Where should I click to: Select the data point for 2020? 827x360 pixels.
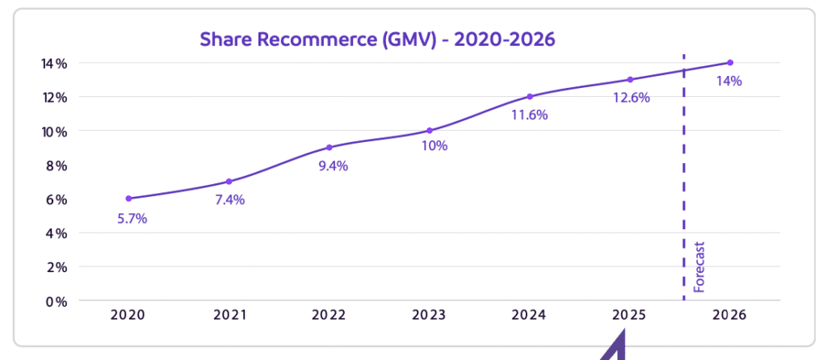click(128, 198)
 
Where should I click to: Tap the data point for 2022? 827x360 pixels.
click(329, 147)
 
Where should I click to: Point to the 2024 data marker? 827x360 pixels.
click(530, 96)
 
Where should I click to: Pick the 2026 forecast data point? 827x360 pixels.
click(730, 62)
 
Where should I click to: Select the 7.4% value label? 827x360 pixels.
click(229, 200)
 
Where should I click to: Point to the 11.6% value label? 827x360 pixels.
click(530, 115)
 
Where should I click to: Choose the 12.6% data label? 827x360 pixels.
click(630, 98)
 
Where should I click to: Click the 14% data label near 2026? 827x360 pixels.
click(729, 81)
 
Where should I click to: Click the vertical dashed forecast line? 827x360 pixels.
click(684, 178)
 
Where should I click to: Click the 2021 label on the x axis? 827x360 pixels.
click(229, 316)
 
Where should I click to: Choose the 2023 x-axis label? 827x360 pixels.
click(429, 316)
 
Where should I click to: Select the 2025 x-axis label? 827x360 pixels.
click(629, 316)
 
